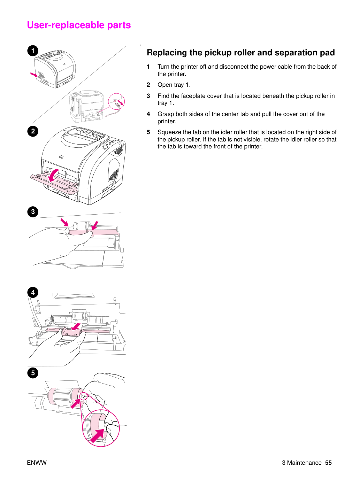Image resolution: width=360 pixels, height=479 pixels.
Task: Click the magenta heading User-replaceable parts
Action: pyautogui.click(x=79, y=25)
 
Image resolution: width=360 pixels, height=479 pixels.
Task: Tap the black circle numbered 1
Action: pyautogui.click(x=33, y=51)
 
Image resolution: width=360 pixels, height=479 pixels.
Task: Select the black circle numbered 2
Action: pyautogui.click(x=33, y=131)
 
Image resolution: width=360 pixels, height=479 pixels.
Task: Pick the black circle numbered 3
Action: pyautogui.click(x=33, y=212)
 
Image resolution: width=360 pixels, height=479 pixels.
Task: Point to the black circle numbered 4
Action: pyautogui.click(x=33, y=292)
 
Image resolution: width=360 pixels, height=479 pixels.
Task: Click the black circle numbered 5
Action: pyautogui.click(x=33, y=373)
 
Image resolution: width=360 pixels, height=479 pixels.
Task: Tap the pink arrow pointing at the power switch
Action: pyautogui.click(x=34, y=75)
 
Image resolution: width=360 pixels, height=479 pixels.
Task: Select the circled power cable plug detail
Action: pyautogui.click(x=116, y=102)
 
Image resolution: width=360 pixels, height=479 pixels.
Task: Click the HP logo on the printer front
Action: pyautogui.click(x=61, y=157)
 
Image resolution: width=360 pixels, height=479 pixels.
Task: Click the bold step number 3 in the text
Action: pyautogui.click(x=148, y=96)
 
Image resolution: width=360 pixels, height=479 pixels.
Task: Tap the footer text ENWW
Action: pyautogui.click(x=37, y=463)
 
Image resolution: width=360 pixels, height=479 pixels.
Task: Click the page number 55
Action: pyautogui.click(x=328, y=463)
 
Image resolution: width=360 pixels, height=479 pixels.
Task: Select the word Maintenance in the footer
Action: pyautogui.click(x=304, y=463)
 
